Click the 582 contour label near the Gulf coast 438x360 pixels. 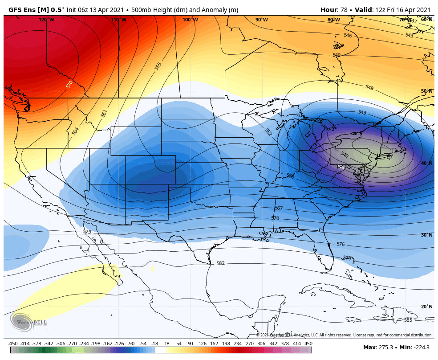[x=220, y=263]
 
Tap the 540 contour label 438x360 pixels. [x=344, y=155]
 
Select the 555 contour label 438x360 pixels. [x=158, y=66]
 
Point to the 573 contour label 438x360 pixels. [x=87, y=232]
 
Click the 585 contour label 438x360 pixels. [x=408, y=320]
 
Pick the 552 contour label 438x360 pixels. [x=268, y=132]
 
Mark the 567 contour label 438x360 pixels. [x=279, y=208]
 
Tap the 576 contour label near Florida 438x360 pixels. [x=341, y=244]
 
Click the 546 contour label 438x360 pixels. [x=348, y=35]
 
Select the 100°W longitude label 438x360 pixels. [x=190, y=20]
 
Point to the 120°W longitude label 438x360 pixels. [x=46, y=20]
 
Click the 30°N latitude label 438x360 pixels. [x=426, y=235]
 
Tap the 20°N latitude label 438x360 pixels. [x=426, y=307]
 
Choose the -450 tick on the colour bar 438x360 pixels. [x=13, y=344]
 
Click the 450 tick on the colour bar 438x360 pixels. [x=308, y=344]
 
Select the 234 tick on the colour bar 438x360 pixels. [x=237, y=344]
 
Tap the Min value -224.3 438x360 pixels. [x=421, y=347]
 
